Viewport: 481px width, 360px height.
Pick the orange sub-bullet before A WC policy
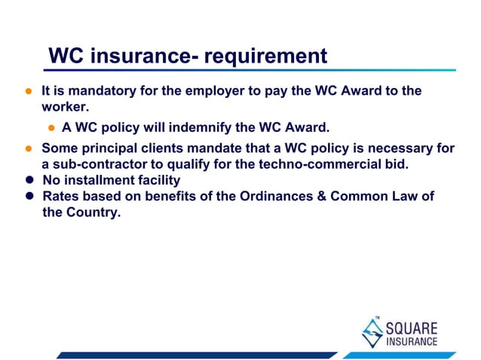coord(52,127)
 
